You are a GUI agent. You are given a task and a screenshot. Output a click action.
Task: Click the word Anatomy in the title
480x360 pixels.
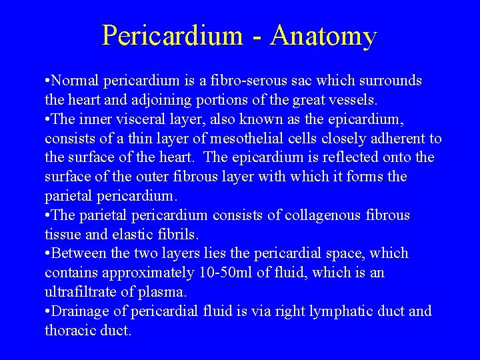324,36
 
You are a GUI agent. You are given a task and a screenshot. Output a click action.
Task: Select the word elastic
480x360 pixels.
142,235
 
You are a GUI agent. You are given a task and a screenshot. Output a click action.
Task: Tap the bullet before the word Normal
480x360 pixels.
47,81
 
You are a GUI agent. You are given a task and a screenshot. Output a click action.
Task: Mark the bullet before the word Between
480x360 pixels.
47,254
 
